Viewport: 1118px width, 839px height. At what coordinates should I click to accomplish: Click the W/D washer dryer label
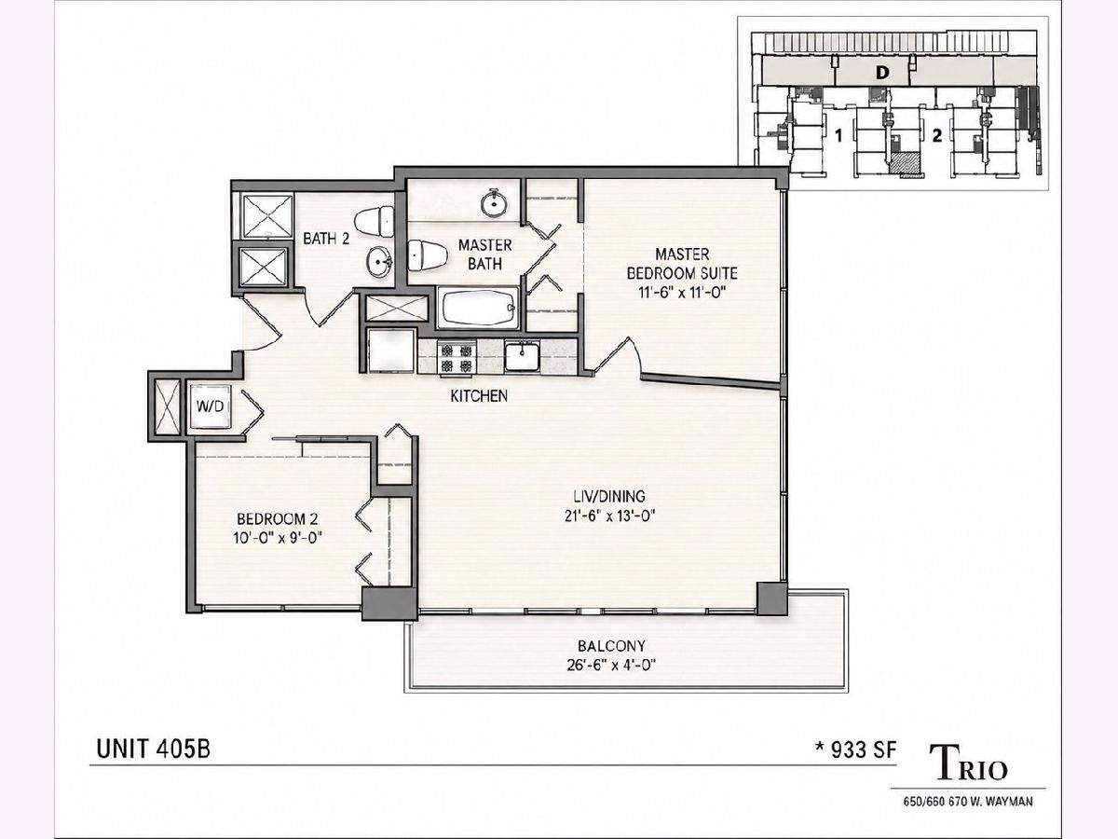(x=210, y=406)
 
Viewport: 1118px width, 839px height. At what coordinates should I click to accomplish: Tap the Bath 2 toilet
(x=375, y=221)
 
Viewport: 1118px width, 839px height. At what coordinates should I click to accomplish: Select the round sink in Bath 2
(x=378, y=262)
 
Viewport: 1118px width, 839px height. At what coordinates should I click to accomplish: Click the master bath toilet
(x=428, y=255)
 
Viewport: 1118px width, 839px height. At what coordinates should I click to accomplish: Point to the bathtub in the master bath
(x=479, y=308)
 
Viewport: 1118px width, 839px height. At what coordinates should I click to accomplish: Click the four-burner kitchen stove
(x=457, y=358)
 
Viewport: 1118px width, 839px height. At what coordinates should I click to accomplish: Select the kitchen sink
(x=522, y=357)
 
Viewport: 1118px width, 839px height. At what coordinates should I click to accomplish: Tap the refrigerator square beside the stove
(x=391, y=351)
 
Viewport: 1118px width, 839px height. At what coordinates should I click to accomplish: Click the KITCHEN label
(x=479, y=396)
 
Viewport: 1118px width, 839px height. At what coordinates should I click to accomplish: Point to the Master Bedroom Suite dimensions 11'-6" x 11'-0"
(x=682, y=293)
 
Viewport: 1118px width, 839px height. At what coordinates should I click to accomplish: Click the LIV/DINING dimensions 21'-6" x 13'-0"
(x=609, y=516)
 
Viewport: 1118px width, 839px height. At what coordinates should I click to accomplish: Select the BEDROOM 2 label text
(x=278, y=519)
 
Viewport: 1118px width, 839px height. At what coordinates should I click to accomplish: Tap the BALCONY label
(x=611, y=646)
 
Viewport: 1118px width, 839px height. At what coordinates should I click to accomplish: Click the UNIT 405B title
(x=154, y=750)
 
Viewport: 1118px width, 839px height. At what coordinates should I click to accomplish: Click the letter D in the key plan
(x=882, y=74)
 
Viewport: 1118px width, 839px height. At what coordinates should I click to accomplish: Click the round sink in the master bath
(x=494, y=203)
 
